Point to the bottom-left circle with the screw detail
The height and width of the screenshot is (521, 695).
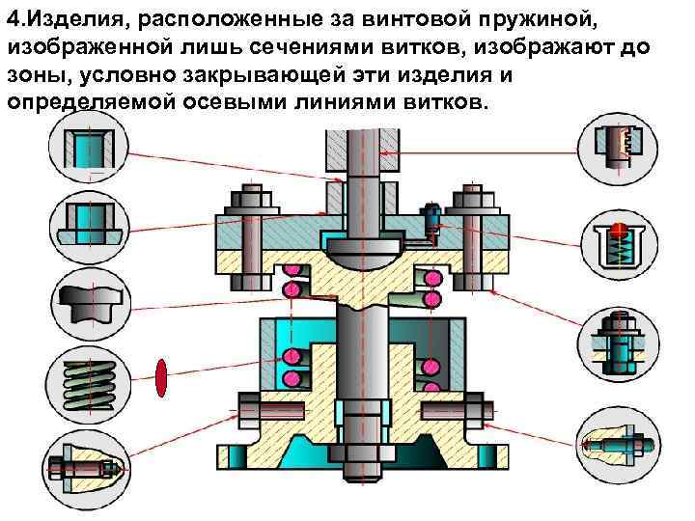click(x=84, y=461)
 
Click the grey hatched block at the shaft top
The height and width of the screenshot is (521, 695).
click(x=353, y=146)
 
